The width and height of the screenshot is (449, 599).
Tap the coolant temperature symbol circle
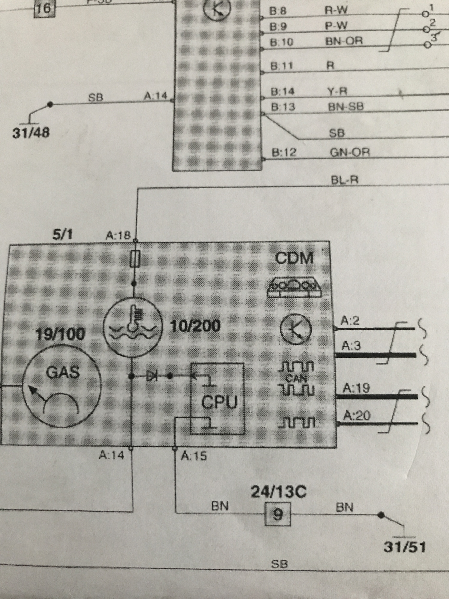[x=133, y=327]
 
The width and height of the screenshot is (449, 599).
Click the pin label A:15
[x=194, y=456]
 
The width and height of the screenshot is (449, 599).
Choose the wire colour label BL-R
[x=344, y=180]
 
